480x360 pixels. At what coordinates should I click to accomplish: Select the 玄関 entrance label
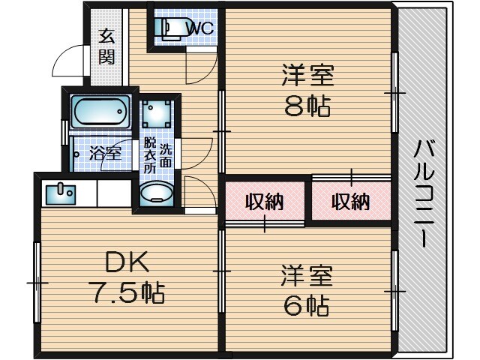click(107, 46)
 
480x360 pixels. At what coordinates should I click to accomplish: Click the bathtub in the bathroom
click(100, 113)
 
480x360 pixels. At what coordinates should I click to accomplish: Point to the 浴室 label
click(106, 154)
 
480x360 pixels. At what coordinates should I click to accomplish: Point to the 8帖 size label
click(307, 107)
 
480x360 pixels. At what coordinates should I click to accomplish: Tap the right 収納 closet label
click(350, 201)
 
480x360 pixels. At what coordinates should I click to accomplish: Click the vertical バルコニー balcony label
click(423, 192)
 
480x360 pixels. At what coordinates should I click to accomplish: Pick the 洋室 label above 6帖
click(307, 274)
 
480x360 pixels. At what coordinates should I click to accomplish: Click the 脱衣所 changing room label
click(150, 155)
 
